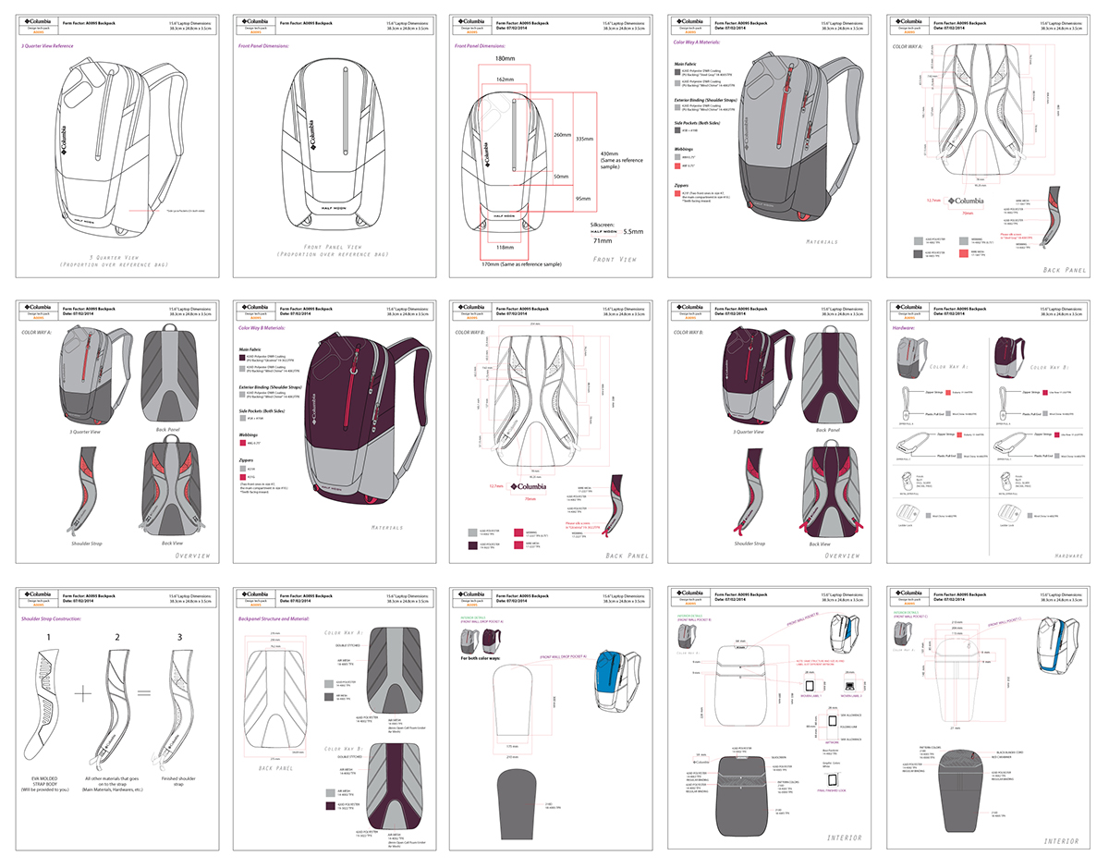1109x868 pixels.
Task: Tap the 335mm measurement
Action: click(x=583, y=140)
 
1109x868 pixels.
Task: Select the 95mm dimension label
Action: click(x=583, y=198)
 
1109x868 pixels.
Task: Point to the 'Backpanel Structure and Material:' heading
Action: click(x=273, y=617)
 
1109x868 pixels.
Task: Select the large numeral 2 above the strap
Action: click(x=117, y=636)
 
